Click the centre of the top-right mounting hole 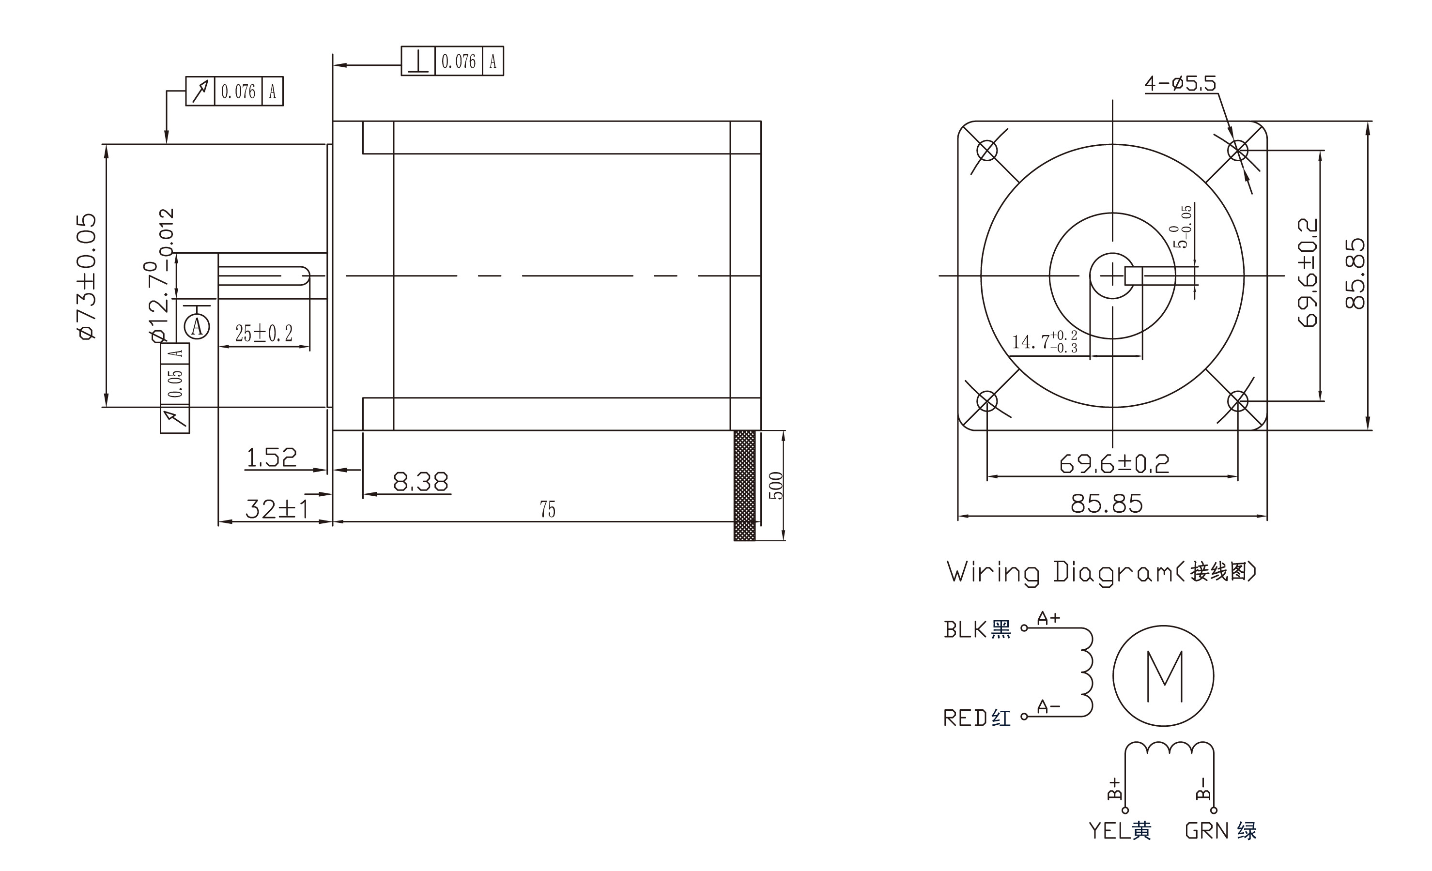(x=1237, y=151)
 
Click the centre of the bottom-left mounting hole (x=987, y=401)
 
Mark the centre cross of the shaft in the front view (x=1112, y=275)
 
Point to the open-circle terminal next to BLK (x=1024, y=627)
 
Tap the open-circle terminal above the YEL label (x=1125, y=810)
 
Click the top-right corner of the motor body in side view (x=761, y=121)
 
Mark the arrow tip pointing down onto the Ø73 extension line (x=167, y=143)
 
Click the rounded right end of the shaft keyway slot (x=308, y=275)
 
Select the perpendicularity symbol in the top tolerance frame (x=418, y=61)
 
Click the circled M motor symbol (x=1164, y=676)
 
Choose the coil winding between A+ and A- (x=1086, y=672)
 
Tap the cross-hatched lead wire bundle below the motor (x=744, y=486)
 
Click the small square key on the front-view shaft (x=1134, y=275)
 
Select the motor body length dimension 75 (x=547, y=510)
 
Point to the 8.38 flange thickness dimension (x=421, y=482)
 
